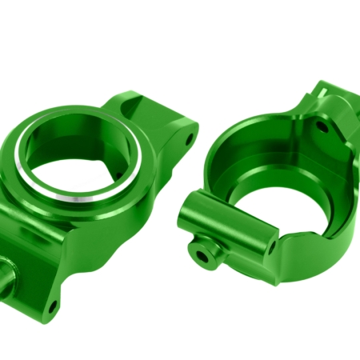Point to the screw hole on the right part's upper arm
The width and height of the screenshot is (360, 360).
tap(322, 126)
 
